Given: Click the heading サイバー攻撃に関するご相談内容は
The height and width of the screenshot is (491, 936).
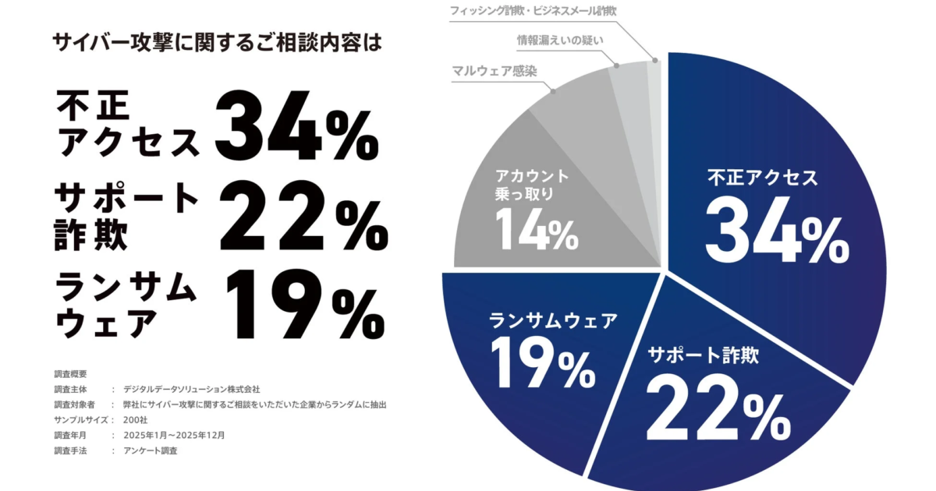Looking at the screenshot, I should point(218,42).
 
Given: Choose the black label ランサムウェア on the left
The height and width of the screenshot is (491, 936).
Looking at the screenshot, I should point(126,304).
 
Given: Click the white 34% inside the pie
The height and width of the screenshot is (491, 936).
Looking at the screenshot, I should point(776,230).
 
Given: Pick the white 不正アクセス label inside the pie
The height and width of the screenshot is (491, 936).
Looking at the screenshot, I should point(762,178).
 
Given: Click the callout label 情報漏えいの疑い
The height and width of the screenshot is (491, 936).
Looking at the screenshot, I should point(559,40).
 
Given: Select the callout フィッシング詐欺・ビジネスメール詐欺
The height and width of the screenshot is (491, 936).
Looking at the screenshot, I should point(534,11).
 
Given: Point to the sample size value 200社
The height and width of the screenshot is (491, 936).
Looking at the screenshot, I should point(135,420).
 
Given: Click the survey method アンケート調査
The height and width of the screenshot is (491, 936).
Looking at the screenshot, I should point(156,450).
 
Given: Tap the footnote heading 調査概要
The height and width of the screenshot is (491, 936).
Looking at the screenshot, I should point(70,373).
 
